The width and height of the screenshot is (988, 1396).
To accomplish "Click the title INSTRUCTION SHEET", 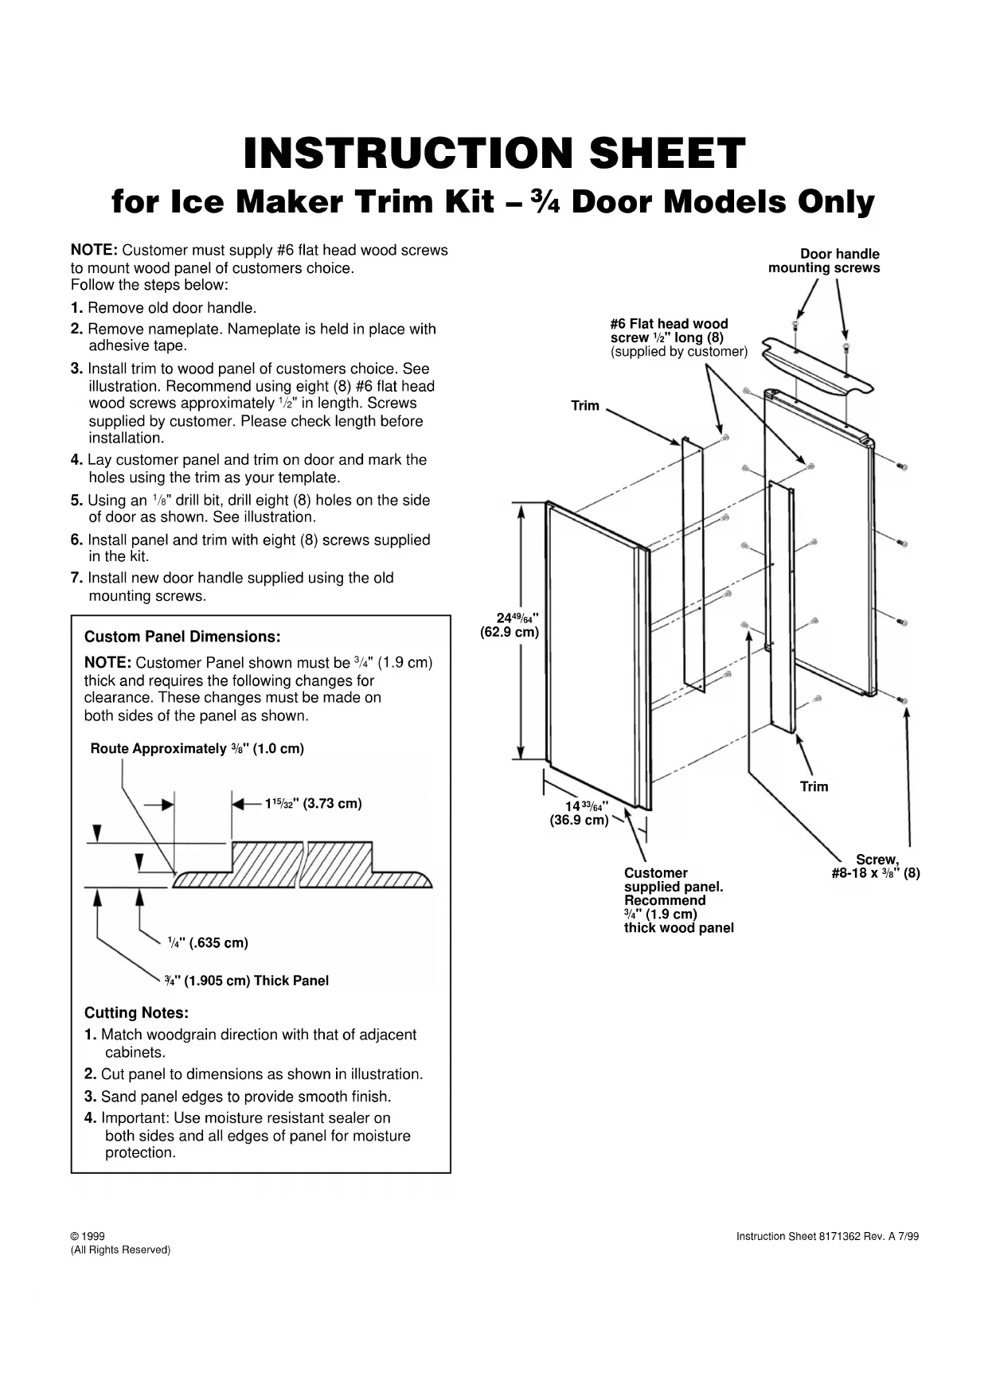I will pos(494,153).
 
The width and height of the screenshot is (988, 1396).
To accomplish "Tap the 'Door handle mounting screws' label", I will pos(824,261).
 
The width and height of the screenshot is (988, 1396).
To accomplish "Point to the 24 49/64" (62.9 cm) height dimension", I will pos(510,625).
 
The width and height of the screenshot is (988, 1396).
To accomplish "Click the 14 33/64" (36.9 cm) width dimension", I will pos(580,813).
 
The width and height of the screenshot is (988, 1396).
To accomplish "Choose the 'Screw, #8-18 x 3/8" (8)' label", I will pos(876,866).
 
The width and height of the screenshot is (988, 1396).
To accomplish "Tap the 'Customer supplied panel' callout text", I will pos(678,900).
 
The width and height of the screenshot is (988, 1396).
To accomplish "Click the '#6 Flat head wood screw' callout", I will pos(678,337).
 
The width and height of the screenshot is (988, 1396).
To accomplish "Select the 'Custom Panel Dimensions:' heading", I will pos(182,637).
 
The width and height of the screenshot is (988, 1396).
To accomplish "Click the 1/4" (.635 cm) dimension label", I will pos(208,942).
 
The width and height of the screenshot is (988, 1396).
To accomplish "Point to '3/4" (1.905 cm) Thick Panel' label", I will pos(247,981).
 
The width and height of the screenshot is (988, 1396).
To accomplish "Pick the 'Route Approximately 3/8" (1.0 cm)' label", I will pos(197,748).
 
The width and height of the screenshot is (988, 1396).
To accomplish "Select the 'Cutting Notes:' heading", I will pos(136,1012).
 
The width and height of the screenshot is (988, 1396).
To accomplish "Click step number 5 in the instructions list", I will pos(76,501).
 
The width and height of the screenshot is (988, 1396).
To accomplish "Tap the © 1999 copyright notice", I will pos(88,1236).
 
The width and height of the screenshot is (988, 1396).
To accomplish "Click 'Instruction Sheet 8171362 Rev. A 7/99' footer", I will pos(827,1236).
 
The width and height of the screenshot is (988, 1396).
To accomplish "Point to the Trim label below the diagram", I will pos(814,786).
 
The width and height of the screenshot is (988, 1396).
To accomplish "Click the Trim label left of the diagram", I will pos(585,406).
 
